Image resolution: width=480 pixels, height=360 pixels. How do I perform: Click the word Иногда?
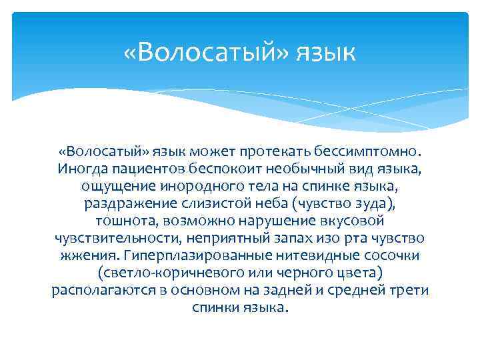(x=79, y=166)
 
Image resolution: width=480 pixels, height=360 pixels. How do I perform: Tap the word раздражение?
(x=127, y=202)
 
